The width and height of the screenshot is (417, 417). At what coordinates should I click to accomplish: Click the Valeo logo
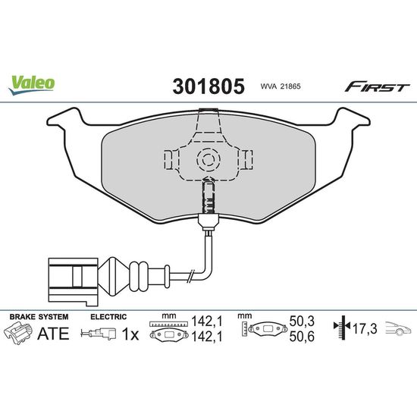tap(31, 85)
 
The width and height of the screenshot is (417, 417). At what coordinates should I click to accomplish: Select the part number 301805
tap(208, 86)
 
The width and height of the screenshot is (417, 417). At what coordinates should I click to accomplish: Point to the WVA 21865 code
tap(281, 86)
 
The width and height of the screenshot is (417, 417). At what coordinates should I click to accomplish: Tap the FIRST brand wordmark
tap(378, 86)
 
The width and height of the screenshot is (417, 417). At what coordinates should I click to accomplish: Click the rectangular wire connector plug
tap(74, 281)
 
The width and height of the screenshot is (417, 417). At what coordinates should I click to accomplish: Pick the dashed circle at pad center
tap(208, 159)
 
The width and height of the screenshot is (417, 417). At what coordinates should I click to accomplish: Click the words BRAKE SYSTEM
tap(39, 317)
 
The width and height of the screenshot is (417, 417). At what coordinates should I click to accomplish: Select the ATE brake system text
tap(53, 334)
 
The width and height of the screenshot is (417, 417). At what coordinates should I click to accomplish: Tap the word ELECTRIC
tap(108, 317)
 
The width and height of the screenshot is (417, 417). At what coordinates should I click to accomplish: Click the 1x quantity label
tap(130, 334)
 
